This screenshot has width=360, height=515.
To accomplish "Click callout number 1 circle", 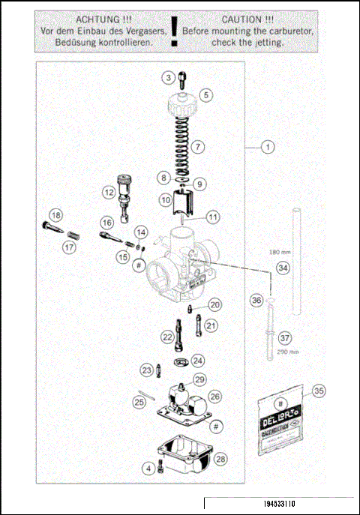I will click(x=268, y=147).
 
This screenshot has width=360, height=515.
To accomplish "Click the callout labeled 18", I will click(x=55, y=217).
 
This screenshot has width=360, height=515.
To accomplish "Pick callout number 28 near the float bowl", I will click(x=220, y=458).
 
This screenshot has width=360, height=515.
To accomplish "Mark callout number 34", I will click(x=282, y=268).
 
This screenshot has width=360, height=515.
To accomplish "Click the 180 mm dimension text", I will click(x=280, y=253).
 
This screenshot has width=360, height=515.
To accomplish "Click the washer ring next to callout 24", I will click(x=178, y=363).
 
